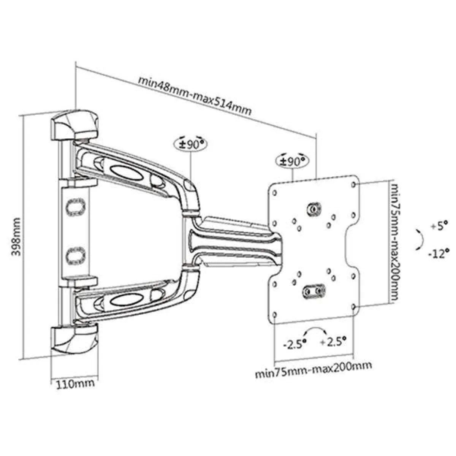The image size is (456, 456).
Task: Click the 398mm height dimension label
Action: (16, 237)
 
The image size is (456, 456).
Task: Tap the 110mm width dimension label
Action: (75, 384)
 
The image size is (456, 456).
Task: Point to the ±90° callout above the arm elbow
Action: (190, 144)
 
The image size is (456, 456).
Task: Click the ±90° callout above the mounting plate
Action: (292, 160)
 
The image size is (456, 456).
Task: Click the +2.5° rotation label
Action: (333, 342)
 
